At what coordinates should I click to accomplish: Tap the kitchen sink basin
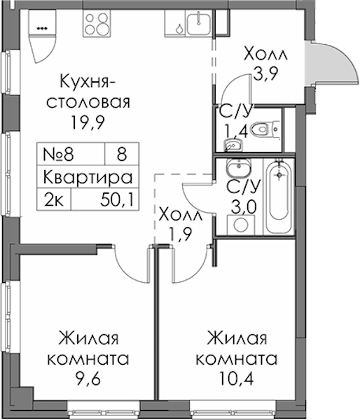pos(199,24)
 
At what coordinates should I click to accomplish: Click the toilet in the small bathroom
pos(265,129)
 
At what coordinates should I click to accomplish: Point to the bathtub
pos(279,197)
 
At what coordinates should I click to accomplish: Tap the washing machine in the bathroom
pos(241,225)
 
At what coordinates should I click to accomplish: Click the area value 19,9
pos(88,123)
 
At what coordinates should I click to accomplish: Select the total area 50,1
pos(117,199)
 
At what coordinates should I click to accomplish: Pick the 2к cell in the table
pos(54,199)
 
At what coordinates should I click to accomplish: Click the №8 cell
pos(58,155)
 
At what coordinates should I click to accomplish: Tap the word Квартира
pos(88,177)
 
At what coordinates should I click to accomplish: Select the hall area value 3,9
pos(265,73)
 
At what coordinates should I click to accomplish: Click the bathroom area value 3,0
pos(244,206)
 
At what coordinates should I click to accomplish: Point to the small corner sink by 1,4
pos(233,145)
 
